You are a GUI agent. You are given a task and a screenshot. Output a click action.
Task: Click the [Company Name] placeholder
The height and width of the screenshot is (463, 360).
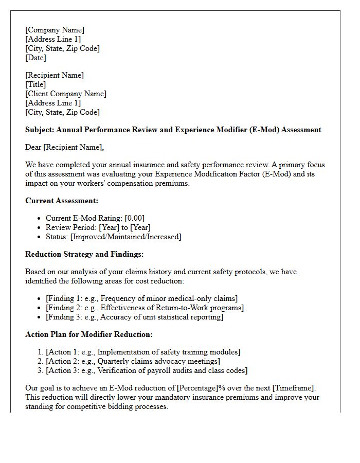pyautogui.click(x=55, y=30)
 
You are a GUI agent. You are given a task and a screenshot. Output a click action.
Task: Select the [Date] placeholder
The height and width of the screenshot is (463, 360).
pyautogui.click(x=35, y=58)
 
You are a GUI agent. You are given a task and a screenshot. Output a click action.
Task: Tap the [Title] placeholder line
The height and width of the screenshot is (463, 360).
pyautogui.click(x=35, y=84)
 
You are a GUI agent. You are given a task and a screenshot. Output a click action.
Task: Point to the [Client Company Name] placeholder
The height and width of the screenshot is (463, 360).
pyautogui.click(x=66, y=94)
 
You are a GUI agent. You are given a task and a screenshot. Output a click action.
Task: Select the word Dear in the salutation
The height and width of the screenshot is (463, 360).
pyautogui.click(x=33, y=147)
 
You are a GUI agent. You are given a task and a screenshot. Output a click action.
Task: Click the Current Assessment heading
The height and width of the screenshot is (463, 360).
pyautogui.click(x=62, y=201)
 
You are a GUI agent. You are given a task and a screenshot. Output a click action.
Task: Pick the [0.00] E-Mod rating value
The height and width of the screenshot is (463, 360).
pyautogui.click(x=134, y=218)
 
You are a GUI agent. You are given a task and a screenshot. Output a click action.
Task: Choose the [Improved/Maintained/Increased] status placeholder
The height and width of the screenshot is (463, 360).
pyautogui.click(x=125, y=237)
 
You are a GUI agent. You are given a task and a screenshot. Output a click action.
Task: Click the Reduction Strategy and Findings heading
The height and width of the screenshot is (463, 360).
pyautogui.click(x=84, y=254)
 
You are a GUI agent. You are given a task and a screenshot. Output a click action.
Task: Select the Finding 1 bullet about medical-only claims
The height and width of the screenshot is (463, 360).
pyautogui.click(x=141, y=298)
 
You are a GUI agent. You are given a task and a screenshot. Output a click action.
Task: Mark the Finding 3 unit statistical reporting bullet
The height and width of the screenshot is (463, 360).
pyautogui.click(x=134, y=317)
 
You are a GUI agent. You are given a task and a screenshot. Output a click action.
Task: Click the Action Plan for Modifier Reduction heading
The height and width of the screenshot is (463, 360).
pyautogui.click(x=89, y=334)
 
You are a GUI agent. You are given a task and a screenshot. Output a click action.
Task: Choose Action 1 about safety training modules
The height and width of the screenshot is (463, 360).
pyautogui.click(x=143, y=352)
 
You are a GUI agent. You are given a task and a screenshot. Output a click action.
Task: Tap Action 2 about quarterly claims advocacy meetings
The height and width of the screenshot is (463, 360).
pyautogui.click(x=133, y=361)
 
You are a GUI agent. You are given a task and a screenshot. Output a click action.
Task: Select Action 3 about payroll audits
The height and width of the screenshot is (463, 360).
pyautogui.click(x=147, y=370)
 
